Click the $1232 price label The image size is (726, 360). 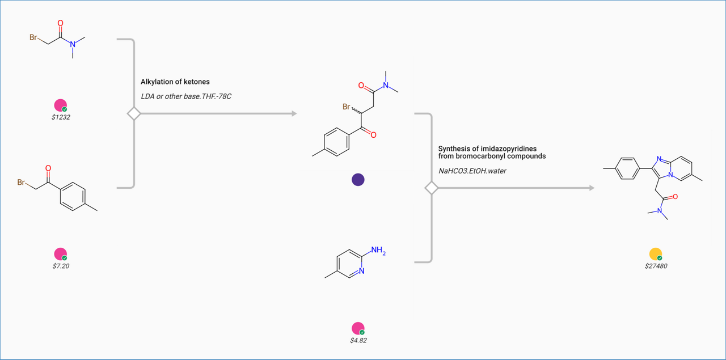click(x=61, y=117)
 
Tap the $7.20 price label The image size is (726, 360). click(x=61, y=266)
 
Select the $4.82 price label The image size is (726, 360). click(x=358, y=341)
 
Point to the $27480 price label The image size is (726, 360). click(x=656, y=266)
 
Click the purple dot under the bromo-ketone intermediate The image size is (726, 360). click(x=358, y=180)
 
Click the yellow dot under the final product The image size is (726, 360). click(x=655, y=254)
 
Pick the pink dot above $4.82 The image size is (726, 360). click(x=358, y=328)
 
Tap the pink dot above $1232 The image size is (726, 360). click(x=60, y=105)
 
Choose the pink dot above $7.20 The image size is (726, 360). click(x=60, y=254)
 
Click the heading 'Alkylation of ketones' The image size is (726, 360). click(x=175, y=82)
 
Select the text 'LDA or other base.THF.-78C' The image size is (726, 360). click(x=186, y=96)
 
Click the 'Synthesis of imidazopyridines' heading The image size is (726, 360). click(x=487, y=149)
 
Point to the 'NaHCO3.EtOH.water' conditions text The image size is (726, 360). click(x=472, y=170)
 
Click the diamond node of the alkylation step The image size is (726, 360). click(x=134, y=114)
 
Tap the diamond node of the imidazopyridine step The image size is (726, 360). click(x=432, y=188)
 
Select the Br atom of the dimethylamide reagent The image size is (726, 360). click(x=34, y=38)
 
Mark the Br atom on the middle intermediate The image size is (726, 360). click(x=347, y=106)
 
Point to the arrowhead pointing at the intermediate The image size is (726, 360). click(x=294, y=114)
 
